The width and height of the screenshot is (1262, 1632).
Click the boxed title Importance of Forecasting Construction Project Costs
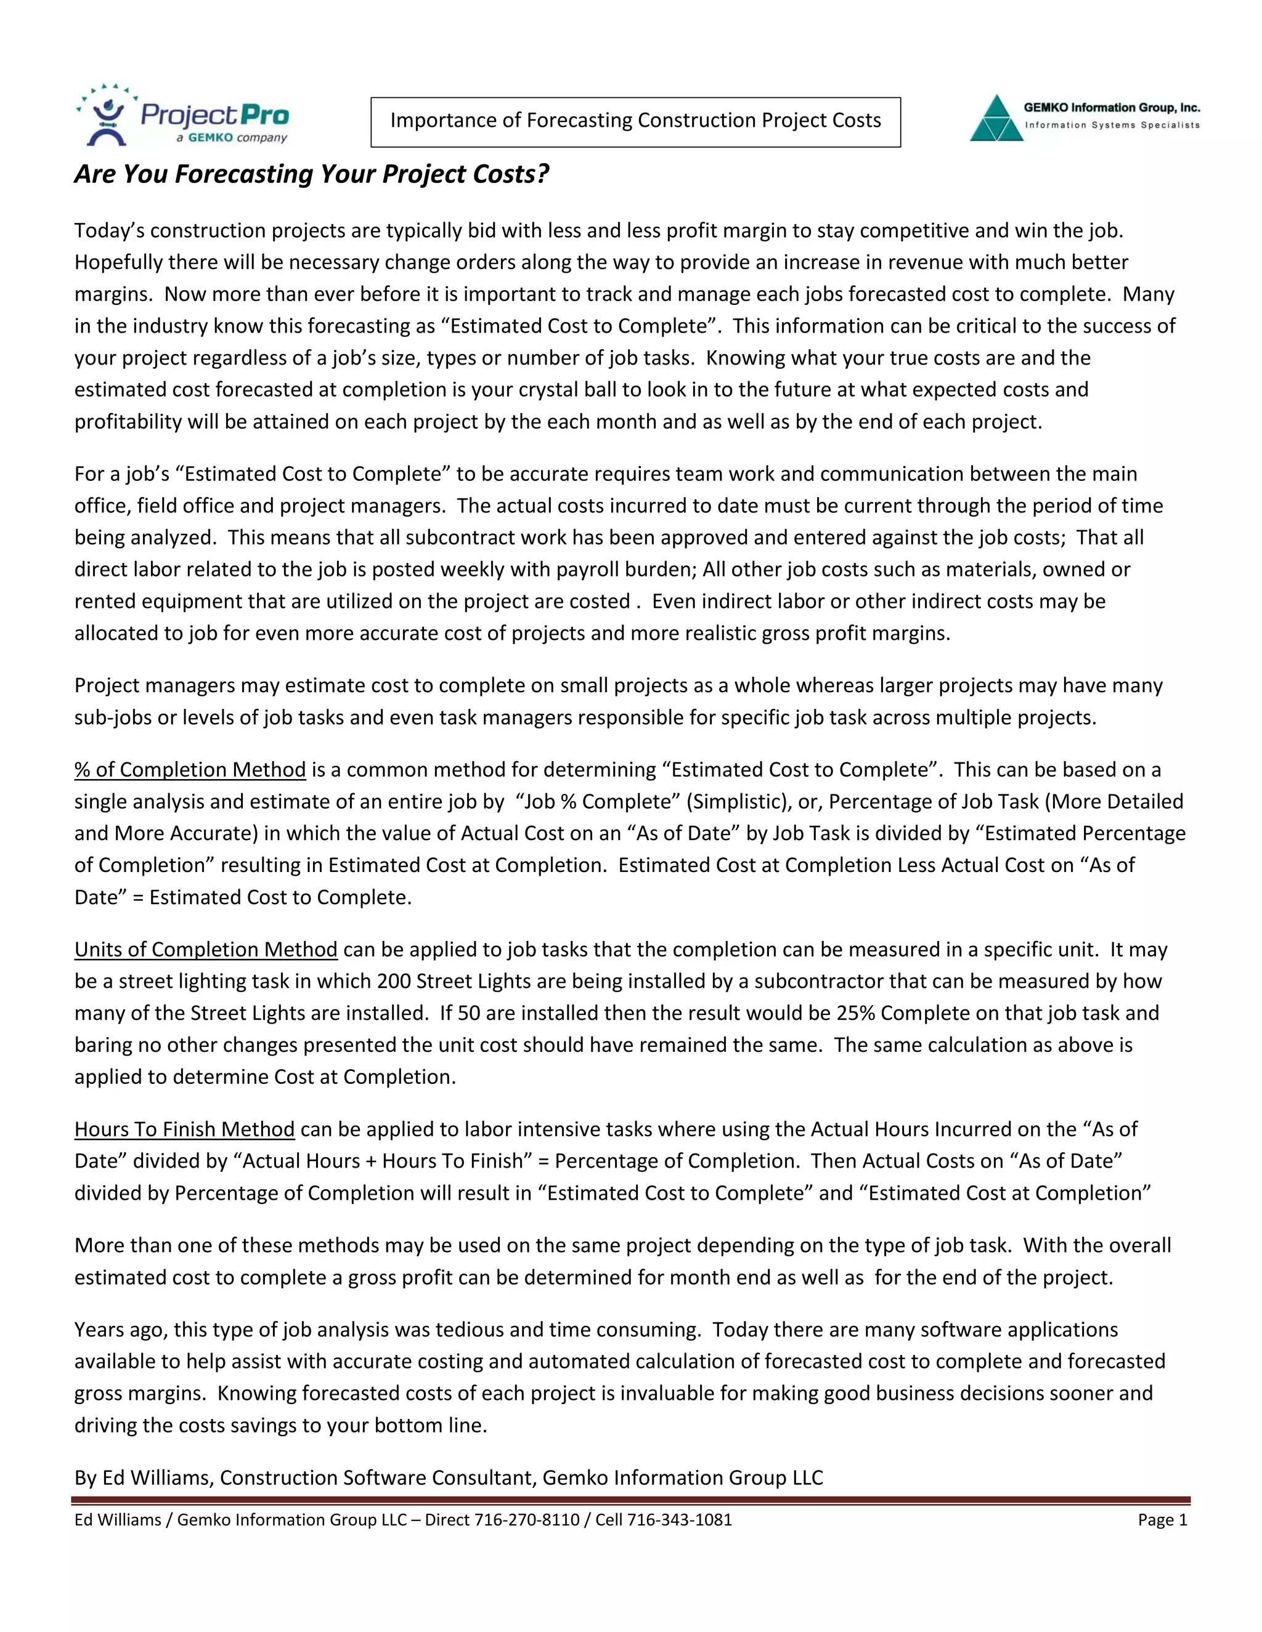pos(635,121)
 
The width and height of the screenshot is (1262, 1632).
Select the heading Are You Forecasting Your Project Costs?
pos(311,174)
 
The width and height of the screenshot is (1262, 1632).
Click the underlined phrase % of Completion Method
pos(190,770)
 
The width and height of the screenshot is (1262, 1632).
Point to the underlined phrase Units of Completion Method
pos(206,949)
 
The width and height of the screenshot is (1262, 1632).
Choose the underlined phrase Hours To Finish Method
pos(184,1129)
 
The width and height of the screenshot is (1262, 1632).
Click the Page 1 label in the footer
pos(1162,1520)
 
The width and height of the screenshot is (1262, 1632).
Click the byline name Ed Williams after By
pos(158,1478)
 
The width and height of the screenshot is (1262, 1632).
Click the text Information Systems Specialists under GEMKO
pos(1112,126)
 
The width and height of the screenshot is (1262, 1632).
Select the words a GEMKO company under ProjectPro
pos(232,138)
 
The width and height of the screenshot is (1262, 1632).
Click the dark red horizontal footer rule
pos(631,1500)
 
